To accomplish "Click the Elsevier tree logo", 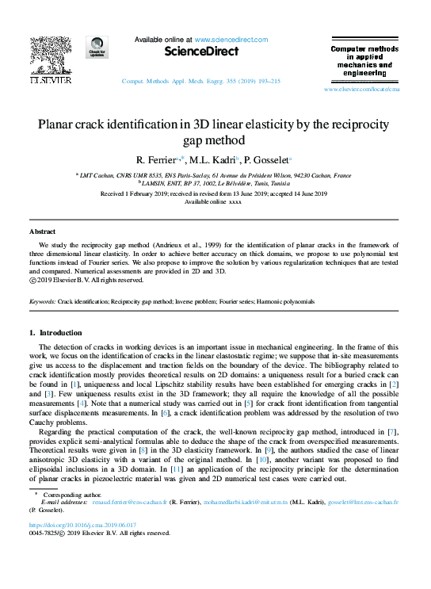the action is pos(51,55).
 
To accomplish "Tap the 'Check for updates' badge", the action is pos(97,48).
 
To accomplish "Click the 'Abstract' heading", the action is pos(42,231).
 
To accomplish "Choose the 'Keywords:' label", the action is pos(42,302).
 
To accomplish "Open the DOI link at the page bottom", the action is pos(82,525).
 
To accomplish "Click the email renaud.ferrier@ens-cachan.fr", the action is pos(128,502).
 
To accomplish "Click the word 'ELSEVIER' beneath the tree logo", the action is pos(51,81).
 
